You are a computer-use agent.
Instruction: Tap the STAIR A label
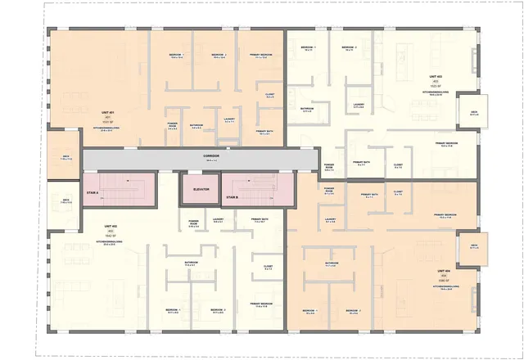[93, 193]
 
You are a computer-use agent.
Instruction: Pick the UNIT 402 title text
[111, 226]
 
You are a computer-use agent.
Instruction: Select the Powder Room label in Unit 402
[194, 223]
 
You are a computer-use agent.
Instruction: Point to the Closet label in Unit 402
[268, 266]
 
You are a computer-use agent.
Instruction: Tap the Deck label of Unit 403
[474, 112]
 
